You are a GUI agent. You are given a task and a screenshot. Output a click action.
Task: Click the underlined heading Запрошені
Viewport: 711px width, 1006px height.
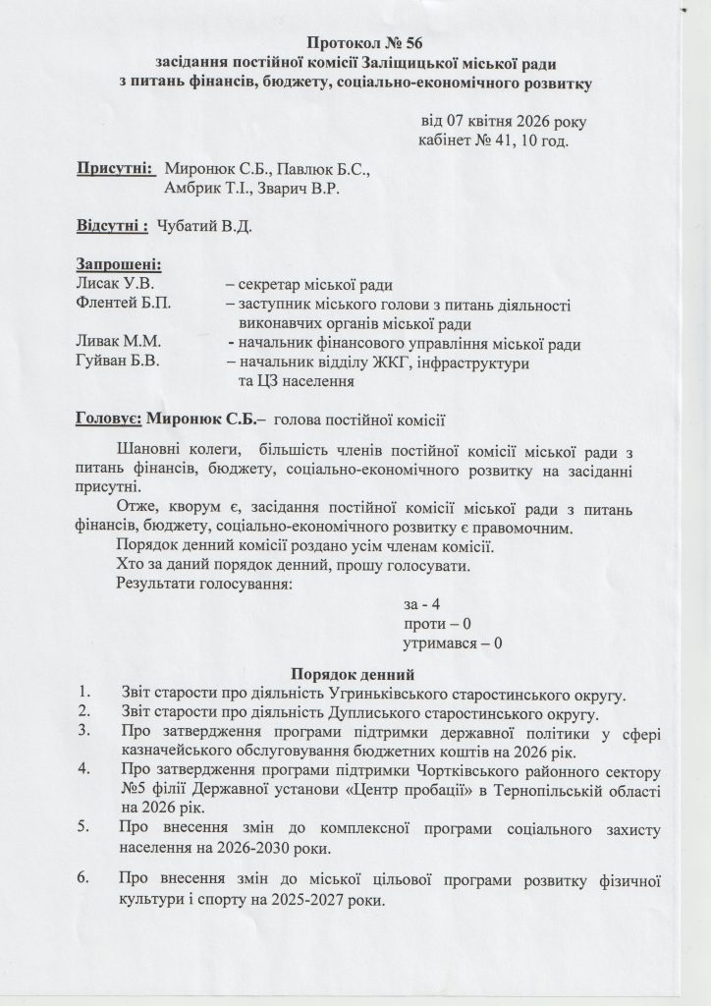tap(119, 264)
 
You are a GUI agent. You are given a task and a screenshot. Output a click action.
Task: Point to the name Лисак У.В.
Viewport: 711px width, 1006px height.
tap(110, 284)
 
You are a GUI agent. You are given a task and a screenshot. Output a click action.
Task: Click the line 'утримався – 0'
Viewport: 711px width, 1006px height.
tap(453, 643)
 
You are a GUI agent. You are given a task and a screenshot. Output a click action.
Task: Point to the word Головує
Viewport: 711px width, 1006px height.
tap(107, 421)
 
